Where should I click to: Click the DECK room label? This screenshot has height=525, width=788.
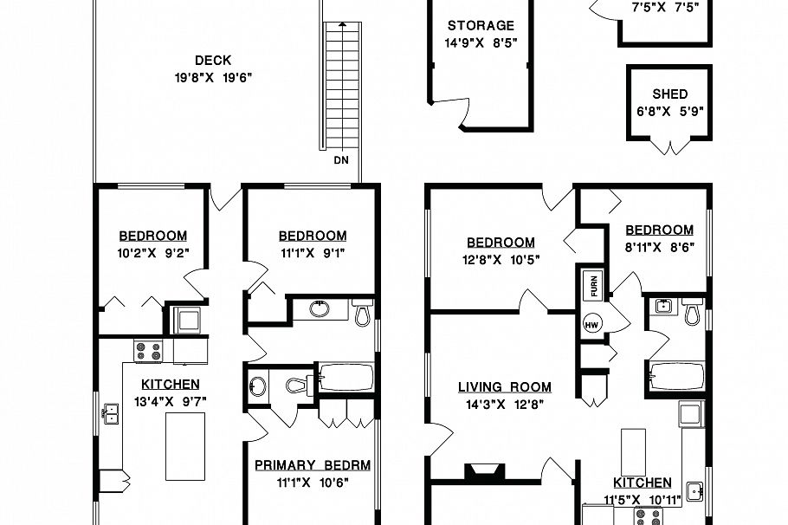click(x=212, y=61)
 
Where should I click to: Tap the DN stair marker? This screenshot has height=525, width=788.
click(x=340, y=161)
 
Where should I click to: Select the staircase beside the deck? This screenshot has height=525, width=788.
click(x=340, y=87)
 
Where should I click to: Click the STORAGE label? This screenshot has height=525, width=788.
click(x=481, y=26)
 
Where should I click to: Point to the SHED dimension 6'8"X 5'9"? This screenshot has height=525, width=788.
click(x=669, y=111)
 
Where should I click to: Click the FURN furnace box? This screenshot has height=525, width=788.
click(x=594, y=282)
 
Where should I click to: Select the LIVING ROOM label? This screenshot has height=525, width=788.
click(x=505, y=387)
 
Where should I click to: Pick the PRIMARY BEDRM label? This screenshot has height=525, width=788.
click(x=312, y=465)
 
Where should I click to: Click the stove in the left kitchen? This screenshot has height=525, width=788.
click(x=147, y=351)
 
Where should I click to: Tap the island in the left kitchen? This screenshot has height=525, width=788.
click(x=184, y=445)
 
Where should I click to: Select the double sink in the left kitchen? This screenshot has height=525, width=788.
click(x=110, y=415)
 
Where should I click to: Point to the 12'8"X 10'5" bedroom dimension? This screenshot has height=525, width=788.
click(x=501, y=259)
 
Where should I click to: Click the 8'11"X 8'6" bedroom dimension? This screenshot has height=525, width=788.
click(x=659, y=246)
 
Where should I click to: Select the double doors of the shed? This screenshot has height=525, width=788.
click(x=669, y=147)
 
